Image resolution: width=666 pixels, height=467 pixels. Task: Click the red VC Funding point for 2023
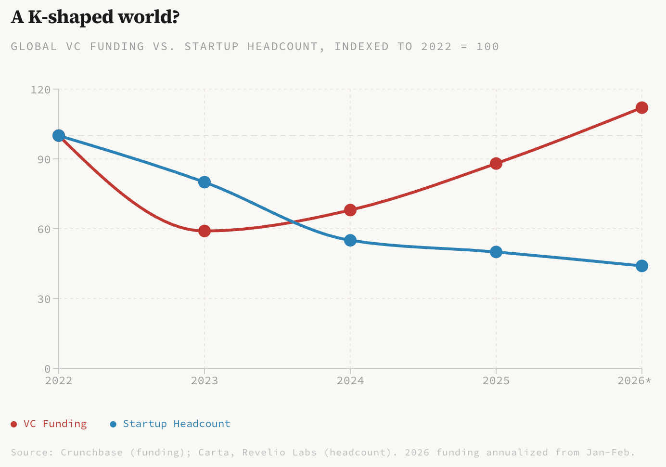tap(205, 231)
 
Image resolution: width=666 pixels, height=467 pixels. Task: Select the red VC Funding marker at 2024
tap(350, 210)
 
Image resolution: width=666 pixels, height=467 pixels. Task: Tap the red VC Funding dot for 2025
tap(496, 164)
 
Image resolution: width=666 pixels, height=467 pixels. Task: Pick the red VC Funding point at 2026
tap(641, 108)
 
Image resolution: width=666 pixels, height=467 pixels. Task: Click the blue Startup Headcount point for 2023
tap(205, 182)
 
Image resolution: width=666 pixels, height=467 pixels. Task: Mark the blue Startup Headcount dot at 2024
tap(350, 240)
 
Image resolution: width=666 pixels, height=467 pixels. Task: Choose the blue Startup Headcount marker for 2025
tap(496, 252)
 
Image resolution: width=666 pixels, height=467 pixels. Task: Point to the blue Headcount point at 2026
tap(641, 266)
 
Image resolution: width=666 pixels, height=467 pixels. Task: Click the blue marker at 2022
tap(59, 136)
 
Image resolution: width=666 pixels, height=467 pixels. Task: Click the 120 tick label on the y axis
tap(40, 90)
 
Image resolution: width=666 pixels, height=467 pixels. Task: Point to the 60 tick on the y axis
tap(44, 229)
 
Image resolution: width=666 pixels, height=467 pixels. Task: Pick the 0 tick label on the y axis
tap(47, 369)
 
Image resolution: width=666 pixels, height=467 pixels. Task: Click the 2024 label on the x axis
tap(350, 381)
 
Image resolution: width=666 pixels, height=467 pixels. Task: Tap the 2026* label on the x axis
tap(634, 381)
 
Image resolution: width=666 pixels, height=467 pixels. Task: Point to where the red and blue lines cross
tap(292, 222)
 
